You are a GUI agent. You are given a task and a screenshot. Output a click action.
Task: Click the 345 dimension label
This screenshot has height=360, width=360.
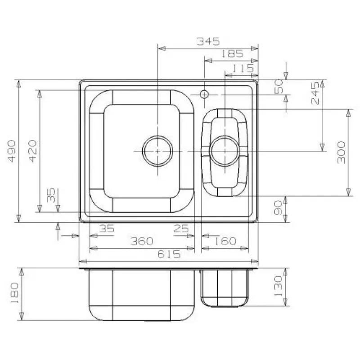pyautogui.click(x=208, y=41)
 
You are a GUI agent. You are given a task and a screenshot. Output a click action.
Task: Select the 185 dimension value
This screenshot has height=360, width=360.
pyautogui.click(x=232, y=54)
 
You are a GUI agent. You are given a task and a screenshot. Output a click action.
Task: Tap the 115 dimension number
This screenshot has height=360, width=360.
pyautogui.click(x=243, y=68)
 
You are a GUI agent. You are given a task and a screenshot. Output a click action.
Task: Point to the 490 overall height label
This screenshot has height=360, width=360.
pyautogui.click(x=12, y=151)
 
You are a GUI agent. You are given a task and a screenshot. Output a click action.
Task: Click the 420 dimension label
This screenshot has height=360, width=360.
pyautogui.click(x=32, y=151)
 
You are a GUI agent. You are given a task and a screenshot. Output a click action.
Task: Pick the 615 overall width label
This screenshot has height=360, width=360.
pyautogui.click(x=169, y=254)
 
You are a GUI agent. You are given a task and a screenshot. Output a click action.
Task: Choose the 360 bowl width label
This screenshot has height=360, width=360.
pyautogui.click(x=142, y=241)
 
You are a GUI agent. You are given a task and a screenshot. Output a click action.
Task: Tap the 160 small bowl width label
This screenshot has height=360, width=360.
pyautogui.click(x=225, y=241)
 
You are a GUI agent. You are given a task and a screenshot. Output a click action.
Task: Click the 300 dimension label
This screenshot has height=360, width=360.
pyautogui.click(x=341, y=153)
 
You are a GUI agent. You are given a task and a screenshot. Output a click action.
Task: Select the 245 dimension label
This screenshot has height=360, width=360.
pyautogui.click(x=315, y=93)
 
